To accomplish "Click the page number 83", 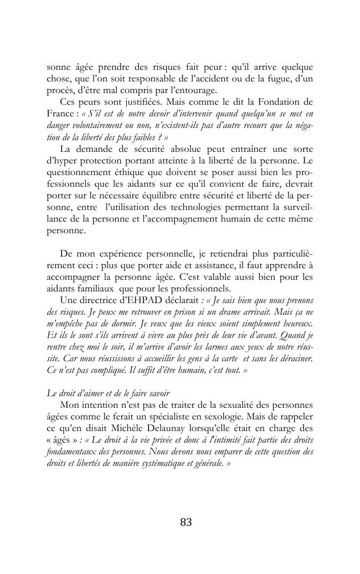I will click(186, 522).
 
